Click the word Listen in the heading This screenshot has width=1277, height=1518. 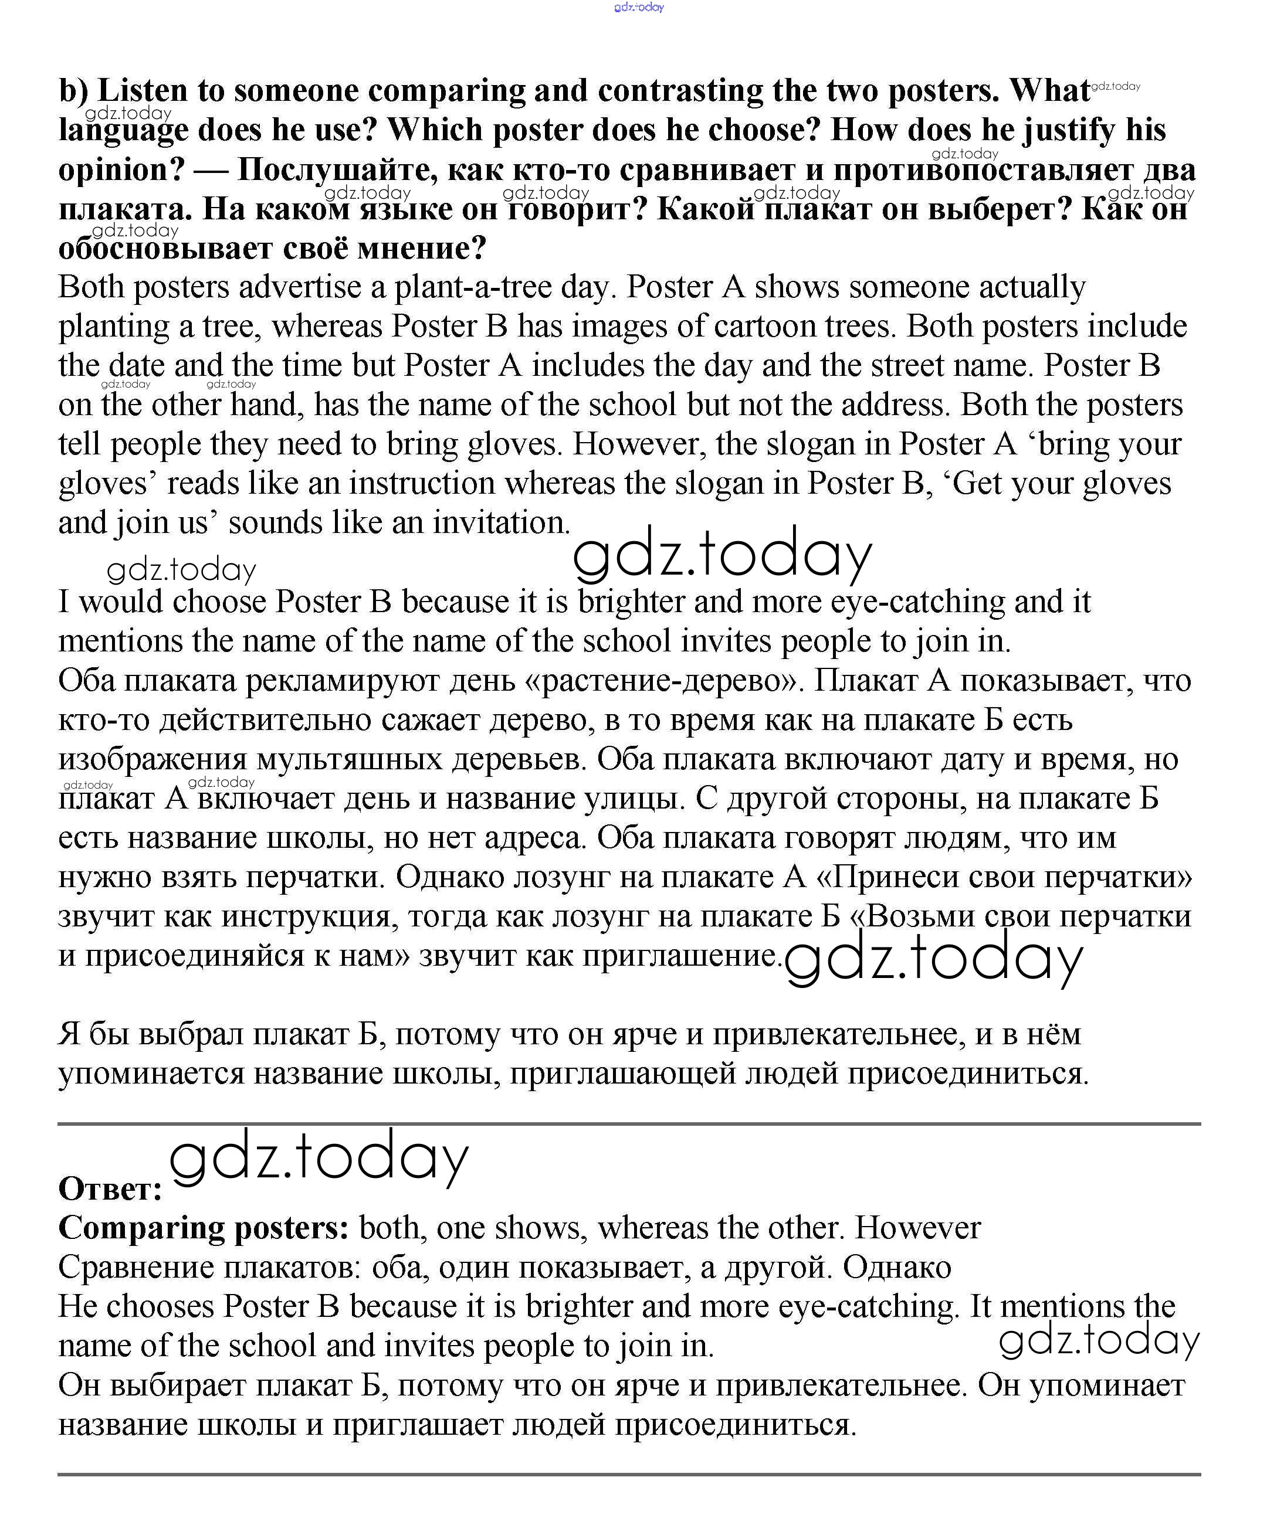pyautogui.click(x=142, y=91)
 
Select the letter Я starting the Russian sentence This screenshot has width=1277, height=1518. pyautogui.click(x=69, y=1035)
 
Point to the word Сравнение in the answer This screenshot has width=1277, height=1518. pyautogui.click(x=136, y=1268)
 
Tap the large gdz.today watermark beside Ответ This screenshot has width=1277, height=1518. pyautogui.click(x=319, y=1160)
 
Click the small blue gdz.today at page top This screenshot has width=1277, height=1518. pyautogui.click(x=638, y=7)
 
